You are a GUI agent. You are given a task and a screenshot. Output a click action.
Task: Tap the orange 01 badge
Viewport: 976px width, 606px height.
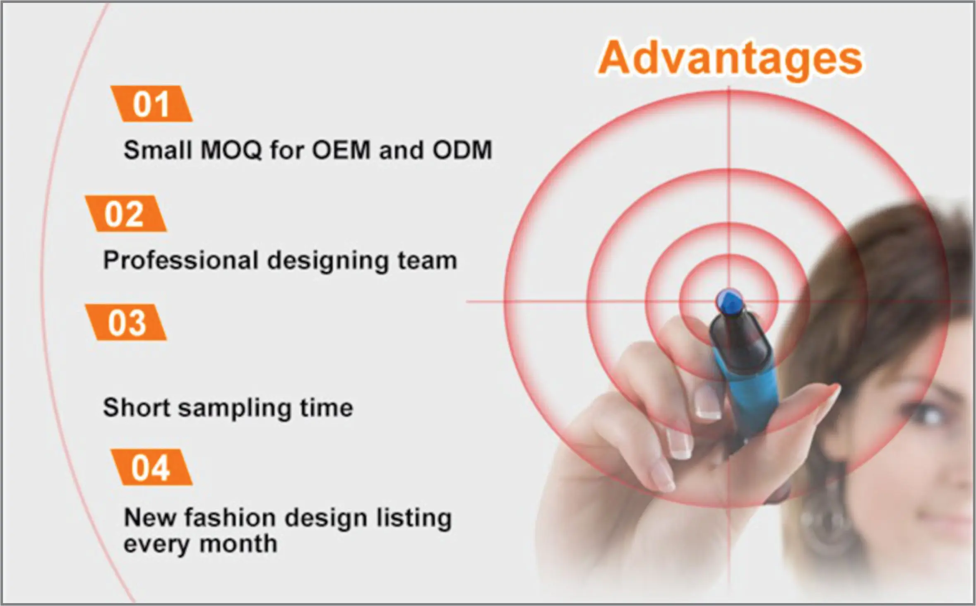(151, 103)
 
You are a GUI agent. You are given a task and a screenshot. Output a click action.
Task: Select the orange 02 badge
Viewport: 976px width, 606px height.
(126, 214)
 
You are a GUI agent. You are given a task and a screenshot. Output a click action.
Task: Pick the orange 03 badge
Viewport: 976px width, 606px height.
(126, 322)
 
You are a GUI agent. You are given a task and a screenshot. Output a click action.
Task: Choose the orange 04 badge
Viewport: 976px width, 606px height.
(151, 467)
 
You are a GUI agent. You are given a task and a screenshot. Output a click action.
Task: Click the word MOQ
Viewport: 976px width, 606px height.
(231, 150)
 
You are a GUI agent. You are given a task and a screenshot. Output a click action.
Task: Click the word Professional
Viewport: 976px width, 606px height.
(181, 260)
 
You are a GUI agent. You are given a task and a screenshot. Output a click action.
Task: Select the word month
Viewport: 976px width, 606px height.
(238, 544)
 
